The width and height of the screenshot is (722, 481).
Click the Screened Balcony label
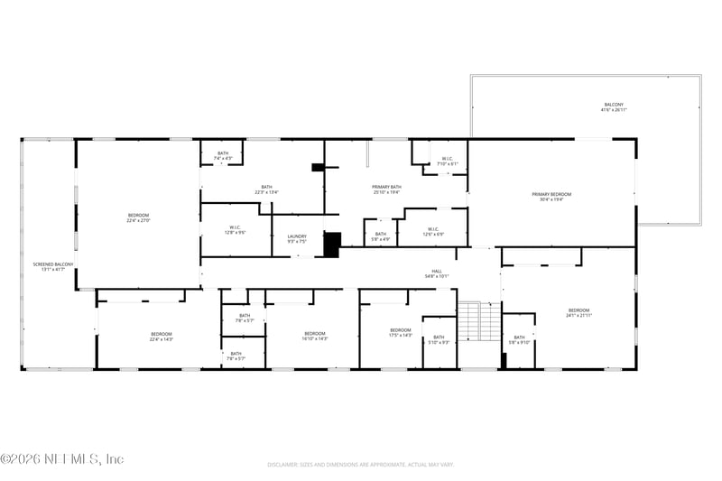coord(49,266)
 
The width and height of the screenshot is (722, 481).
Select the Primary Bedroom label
coord(551,197)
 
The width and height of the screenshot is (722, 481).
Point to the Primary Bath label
coord(386,190)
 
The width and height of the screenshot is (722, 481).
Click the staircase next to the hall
coord(478,320)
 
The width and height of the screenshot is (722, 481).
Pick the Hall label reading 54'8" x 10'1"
coord(436,274)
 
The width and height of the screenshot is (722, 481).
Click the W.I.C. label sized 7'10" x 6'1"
coord(449,162)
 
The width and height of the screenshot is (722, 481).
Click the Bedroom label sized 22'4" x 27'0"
coord(138,217)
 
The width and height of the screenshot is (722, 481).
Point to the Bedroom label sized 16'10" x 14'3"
coord(315,336)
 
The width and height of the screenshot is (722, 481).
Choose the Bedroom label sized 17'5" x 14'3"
coord(400,333)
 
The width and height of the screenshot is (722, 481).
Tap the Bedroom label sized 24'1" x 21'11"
coord(579,313)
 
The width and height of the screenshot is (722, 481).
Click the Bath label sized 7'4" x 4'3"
coord(222,155)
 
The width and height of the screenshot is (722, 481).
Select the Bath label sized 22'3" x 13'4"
coord(266,190)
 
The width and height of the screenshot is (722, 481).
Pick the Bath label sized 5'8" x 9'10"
coord(519,339)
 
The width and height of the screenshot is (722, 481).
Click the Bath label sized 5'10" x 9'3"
coord(439,340)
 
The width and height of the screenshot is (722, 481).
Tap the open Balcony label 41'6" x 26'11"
coord(614,107)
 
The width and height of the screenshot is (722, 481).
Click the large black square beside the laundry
coord(332,245)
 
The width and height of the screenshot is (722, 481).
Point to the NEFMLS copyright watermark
coord(62,459)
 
